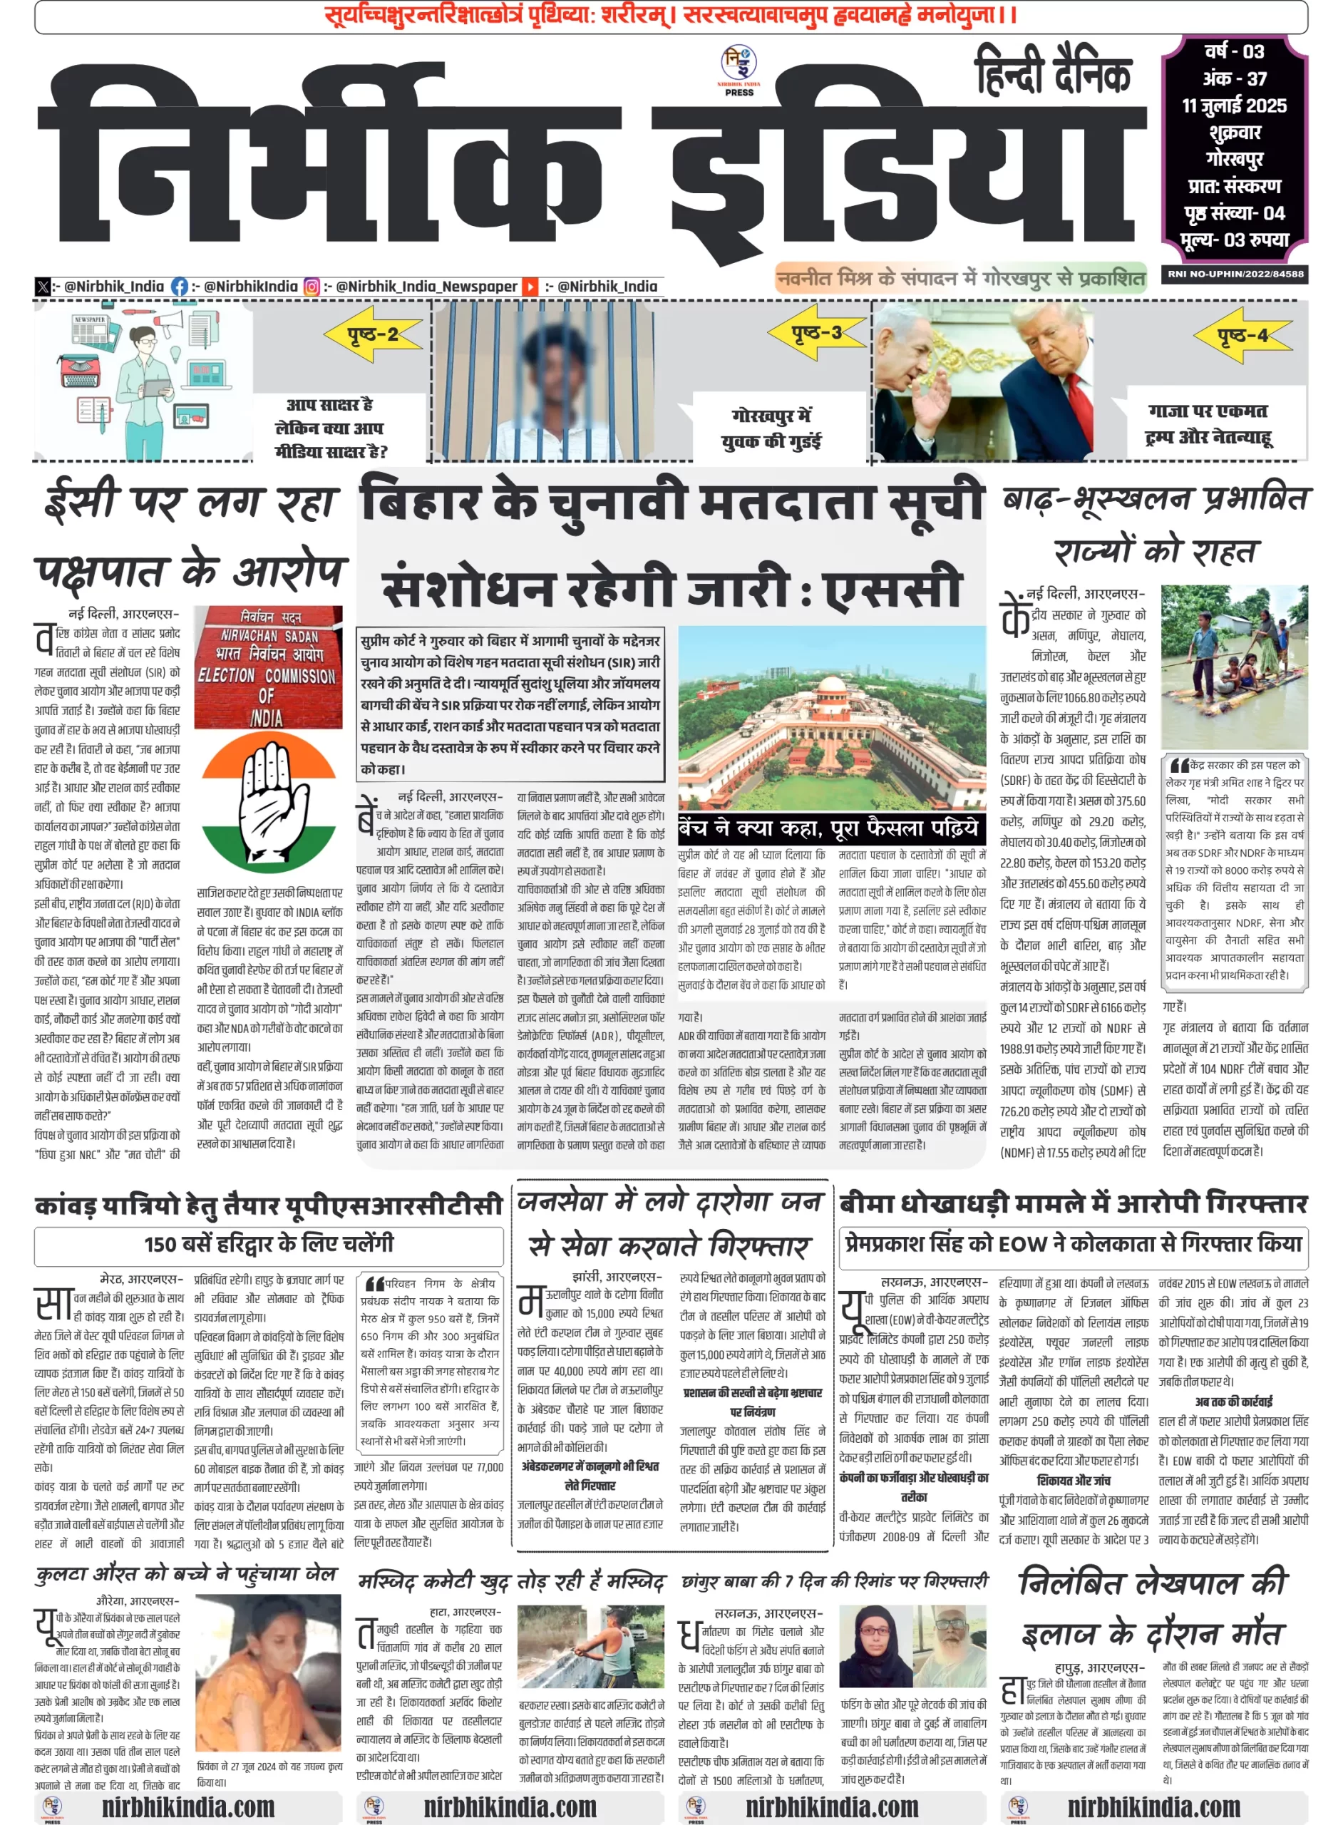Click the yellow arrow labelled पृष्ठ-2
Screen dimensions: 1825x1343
click(x=373, y=334)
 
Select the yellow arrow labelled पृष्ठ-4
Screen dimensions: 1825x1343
click(x=1241, y=334)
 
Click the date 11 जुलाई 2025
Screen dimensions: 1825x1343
click(x=1234, y=106)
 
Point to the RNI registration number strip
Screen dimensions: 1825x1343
click(x=1235, y=274)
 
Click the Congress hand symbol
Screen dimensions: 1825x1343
click(x=268, y=800)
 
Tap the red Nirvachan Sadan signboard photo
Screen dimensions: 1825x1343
click(x=267, y=667)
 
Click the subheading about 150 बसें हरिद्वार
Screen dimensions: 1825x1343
click(x=268, y=1244)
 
